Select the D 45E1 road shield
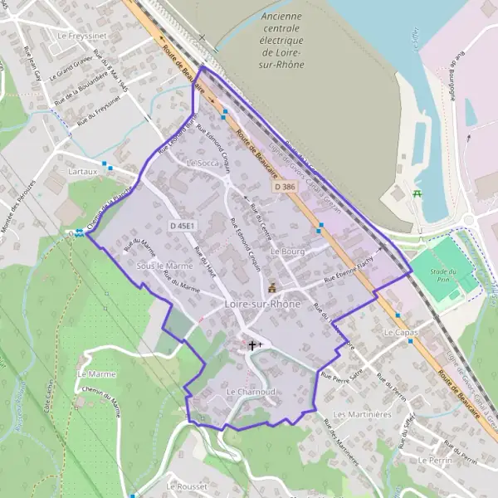[181, 226]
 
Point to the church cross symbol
[252, 344]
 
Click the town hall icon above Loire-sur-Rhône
[271, 288]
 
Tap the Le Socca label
[203, 163]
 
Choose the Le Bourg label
[288, 250]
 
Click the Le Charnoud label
[249, 390]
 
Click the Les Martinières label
[361, 413]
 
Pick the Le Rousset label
[187, 486]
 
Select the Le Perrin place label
[436, 459]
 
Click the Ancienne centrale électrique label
[281, 40]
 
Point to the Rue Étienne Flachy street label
[349, 272]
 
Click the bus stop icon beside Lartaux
[105, 164]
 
